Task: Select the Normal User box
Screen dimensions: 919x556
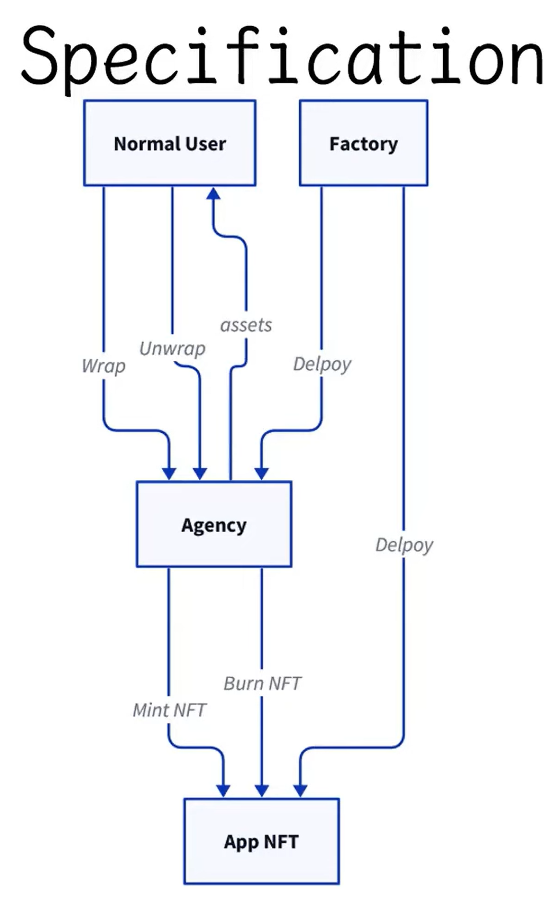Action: [170, 143]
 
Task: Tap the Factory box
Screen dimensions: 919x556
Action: [363, 143]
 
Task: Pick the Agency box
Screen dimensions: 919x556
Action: [213, 524]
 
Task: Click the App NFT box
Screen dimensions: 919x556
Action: [261, 841]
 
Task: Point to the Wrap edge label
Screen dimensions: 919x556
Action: [104, 366]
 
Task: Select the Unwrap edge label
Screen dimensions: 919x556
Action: [172, 348]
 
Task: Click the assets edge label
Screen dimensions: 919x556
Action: [246, 325]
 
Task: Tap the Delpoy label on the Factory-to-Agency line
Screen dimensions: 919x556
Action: [322, 364]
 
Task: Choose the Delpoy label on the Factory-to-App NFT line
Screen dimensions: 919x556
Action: [404, 544]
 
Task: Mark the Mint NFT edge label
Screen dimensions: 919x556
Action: [169, 710]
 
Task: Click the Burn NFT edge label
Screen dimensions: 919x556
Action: [262, 683]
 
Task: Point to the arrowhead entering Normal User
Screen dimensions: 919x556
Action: [213, 193]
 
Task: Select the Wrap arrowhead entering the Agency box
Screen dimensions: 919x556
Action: [169, 474]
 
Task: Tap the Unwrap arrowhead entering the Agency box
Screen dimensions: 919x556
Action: [200, 474]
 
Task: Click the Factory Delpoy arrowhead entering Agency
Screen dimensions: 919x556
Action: [262, 474]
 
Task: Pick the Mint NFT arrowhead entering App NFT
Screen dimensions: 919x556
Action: [223, 791]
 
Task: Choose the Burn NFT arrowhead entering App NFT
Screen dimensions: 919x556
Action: [262, 791]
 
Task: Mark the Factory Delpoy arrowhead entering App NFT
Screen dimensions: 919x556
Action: [300, 791]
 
